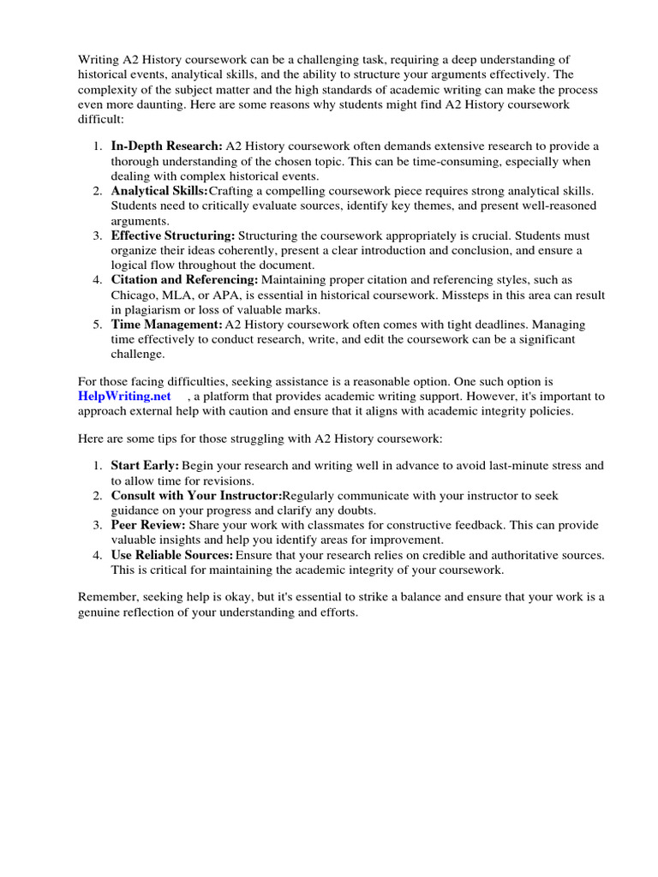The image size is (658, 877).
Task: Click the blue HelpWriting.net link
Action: click(124, 396)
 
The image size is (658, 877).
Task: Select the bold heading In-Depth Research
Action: click(166, 147)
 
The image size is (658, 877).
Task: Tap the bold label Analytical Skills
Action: click(159, 191)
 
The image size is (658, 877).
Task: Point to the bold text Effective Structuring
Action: click(173, 236)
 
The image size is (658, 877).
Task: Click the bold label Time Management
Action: click(166, 325)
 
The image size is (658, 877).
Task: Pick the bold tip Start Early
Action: click(144, 465)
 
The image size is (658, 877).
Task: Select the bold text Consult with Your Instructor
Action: click(196, 495)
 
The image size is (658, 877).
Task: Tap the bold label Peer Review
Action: click(147, 525)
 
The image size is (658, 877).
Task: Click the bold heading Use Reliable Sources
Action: click(172, 555)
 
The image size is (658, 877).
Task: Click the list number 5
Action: click(97, 325)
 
